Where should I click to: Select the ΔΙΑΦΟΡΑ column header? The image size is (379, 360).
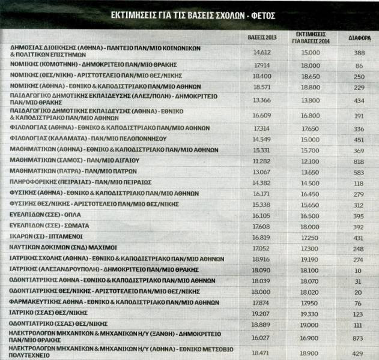(x=359, y=37)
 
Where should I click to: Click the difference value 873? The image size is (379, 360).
(x=359, y=338)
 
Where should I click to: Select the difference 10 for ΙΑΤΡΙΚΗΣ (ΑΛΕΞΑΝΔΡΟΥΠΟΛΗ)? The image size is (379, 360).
(x=359, y=271)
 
